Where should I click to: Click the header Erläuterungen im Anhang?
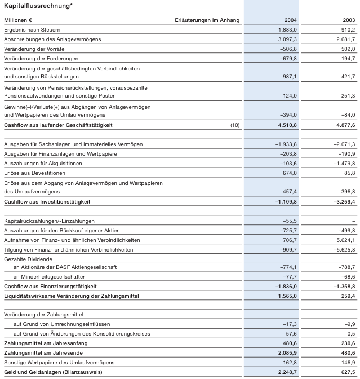[207, 20]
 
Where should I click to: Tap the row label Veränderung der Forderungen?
[41, 59]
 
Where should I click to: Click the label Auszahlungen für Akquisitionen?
[43, 163]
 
